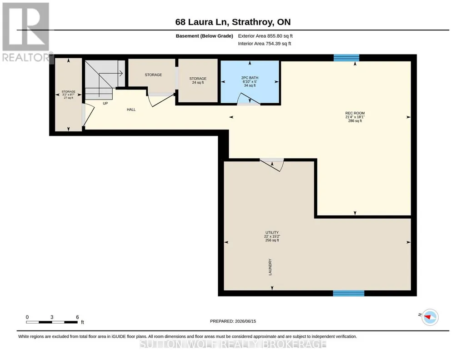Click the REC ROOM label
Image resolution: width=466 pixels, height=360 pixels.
355,117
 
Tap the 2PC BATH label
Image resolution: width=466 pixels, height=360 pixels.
250,82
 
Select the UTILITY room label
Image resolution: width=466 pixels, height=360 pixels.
272,236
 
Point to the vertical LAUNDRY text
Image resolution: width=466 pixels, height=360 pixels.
270,267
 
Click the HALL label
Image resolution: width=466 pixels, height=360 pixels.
131,110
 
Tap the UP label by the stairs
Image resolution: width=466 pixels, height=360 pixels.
105,103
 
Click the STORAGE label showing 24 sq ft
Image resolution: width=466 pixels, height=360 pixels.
198,80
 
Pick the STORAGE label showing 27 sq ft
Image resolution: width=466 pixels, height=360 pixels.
68,95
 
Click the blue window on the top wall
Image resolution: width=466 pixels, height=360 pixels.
346,58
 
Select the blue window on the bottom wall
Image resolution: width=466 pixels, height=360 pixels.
349,293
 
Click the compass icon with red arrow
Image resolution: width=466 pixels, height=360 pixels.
430,317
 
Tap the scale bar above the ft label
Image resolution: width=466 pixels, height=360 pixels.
52,322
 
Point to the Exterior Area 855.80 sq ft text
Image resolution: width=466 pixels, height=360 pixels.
265,36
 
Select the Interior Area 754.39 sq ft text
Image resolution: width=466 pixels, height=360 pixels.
265,44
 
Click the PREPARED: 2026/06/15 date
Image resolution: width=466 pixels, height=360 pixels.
233,321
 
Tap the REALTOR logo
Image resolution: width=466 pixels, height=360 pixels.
26,32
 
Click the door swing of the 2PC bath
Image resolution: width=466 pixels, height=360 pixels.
249,98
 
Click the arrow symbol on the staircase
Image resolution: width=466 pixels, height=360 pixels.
111,73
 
